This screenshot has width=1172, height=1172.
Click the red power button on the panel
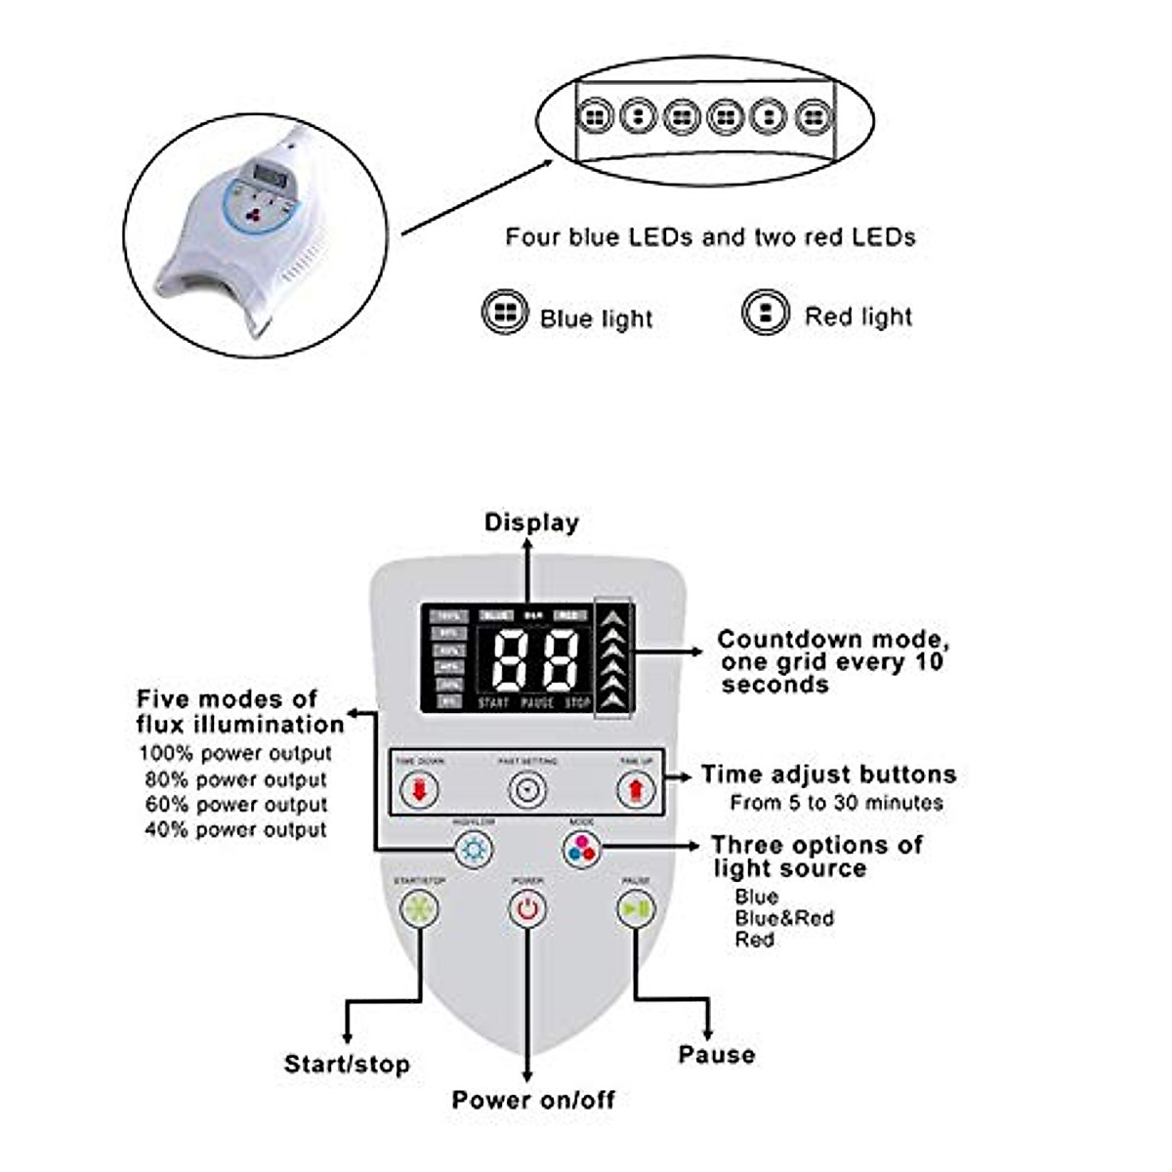point(527,909)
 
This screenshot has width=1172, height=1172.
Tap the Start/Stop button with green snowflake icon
point(420,909)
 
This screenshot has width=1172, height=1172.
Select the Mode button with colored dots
point(581,849)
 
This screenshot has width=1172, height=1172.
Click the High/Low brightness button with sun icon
point(475,849)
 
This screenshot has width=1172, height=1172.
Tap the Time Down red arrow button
point(420,790)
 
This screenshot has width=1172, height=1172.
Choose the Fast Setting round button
point(528,790)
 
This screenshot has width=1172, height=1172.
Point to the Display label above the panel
point(531,523)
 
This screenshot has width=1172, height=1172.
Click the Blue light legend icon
point(505,314)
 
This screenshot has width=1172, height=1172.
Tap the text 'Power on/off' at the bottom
point(533,1100)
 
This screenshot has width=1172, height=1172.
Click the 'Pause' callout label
point(717,1055)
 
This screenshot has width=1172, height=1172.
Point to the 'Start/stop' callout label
point(347,1064)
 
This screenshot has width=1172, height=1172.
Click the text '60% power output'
point(236,805)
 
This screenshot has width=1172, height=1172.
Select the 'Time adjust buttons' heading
point(828,774)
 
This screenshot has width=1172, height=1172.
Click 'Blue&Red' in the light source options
point(784,918)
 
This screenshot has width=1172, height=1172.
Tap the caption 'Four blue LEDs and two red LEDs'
point(710,236)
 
